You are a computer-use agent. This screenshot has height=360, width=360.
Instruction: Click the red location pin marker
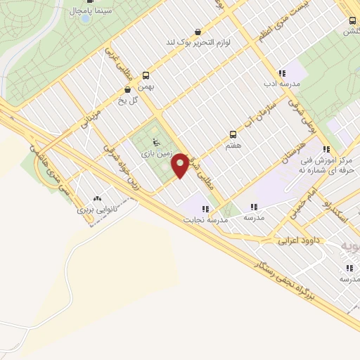coord(181,165)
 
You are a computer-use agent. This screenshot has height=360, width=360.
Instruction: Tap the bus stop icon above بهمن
coord(146,75)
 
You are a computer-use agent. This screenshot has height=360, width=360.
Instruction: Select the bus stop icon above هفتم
coord(232,134)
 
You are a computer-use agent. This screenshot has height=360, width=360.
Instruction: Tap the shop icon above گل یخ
coord(127,90)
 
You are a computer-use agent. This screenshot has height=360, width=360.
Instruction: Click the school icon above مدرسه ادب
coord(281,73)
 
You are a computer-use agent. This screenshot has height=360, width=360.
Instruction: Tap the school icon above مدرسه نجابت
coord(205,209)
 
